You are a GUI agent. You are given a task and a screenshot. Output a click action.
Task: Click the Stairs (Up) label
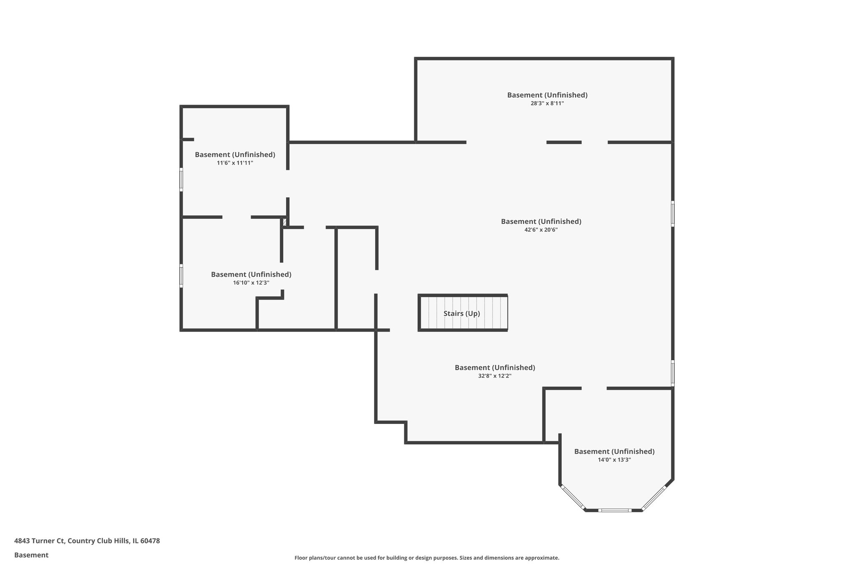click(x=462, y=313)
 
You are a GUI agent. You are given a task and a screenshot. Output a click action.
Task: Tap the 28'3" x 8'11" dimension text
click(x=547, y=103)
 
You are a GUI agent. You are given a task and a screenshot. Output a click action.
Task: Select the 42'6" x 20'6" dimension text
click(x=541, y=230)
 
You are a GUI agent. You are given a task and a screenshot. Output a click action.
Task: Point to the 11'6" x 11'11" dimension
click(x=235, y=163)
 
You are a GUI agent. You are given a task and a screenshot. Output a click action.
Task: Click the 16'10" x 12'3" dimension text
click(x=251, y=283)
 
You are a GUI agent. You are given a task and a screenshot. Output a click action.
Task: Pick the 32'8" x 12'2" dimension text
click(x=495, y=376)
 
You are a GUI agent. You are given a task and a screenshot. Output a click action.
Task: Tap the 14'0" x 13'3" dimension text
click(x=614, y=460)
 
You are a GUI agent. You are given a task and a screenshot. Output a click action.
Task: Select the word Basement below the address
click(x=31, y=555)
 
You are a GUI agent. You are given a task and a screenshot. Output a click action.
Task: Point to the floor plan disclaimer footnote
click(x=427, y=558)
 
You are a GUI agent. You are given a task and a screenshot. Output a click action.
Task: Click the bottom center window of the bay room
click(x=615, y=510)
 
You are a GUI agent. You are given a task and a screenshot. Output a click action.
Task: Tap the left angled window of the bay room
click(x=573, y=497)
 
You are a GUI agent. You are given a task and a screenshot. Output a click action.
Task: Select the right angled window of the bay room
click(x=654, y=497)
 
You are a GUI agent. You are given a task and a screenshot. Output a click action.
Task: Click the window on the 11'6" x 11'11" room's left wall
click(x=181, y=179)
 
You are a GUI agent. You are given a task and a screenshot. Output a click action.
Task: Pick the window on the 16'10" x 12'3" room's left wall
click(x=181, y=276)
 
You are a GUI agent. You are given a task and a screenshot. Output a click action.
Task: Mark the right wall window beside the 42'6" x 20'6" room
click(x=673, y=213)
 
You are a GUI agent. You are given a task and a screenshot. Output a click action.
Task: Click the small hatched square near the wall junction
click(x=285, y=222)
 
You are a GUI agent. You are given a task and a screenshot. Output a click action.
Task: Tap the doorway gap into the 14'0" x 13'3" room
click(x=594, y=389)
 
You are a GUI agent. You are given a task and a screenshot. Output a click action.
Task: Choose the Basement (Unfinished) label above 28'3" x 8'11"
click(x=547, y=95)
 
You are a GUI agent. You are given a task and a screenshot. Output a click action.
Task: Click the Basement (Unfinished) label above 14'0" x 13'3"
click(x=614, y=451)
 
